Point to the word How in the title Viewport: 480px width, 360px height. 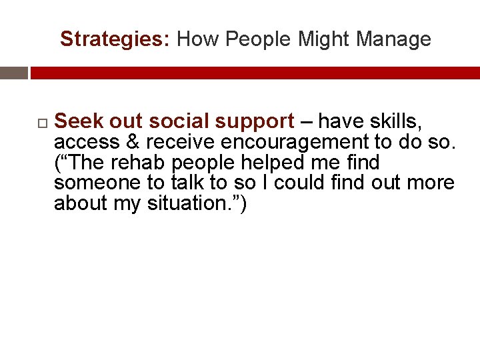point(198,39)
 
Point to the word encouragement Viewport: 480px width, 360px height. point(287,143)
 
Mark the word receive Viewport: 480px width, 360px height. point(176,142)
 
